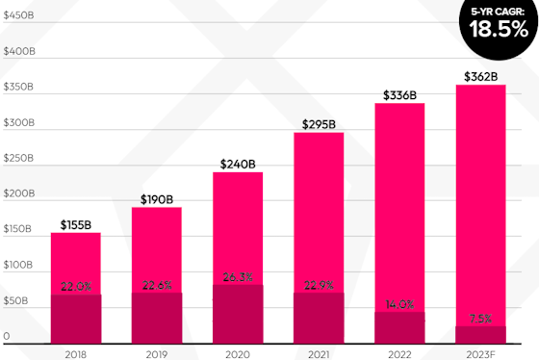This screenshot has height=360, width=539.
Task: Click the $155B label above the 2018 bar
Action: coord(75,224)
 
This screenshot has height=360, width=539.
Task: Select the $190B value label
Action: coord(156,199)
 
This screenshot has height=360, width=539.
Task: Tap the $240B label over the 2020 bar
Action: coord(237,164)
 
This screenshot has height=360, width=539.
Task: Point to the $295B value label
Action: coord(318,124)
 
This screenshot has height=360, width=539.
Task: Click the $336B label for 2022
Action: coord(398,94)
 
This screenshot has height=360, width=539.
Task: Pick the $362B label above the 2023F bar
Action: coord(479,76)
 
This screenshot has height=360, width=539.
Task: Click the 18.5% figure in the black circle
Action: coord(498,29)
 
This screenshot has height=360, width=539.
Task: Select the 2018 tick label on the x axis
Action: coord(75,353)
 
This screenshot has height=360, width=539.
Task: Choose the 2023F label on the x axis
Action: coord(479,353)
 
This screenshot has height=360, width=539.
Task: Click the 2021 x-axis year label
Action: coord(318,353)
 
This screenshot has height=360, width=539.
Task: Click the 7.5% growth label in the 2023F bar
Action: coord(479,320)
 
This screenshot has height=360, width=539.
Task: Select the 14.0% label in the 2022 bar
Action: coord(398,304)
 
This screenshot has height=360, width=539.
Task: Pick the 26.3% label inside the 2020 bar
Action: coord(237,278)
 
